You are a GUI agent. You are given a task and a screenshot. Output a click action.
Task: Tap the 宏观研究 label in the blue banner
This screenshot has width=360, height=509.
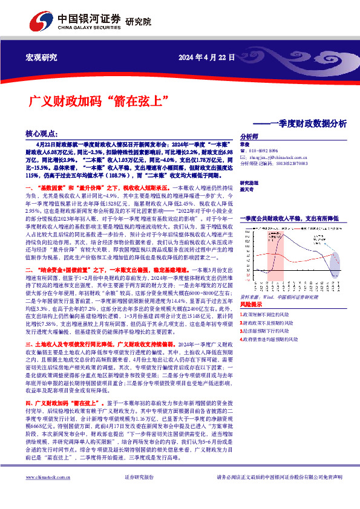41,57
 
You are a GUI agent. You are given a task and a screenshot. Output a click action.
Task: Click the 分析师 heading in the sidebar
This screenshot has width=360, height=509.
249,137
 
